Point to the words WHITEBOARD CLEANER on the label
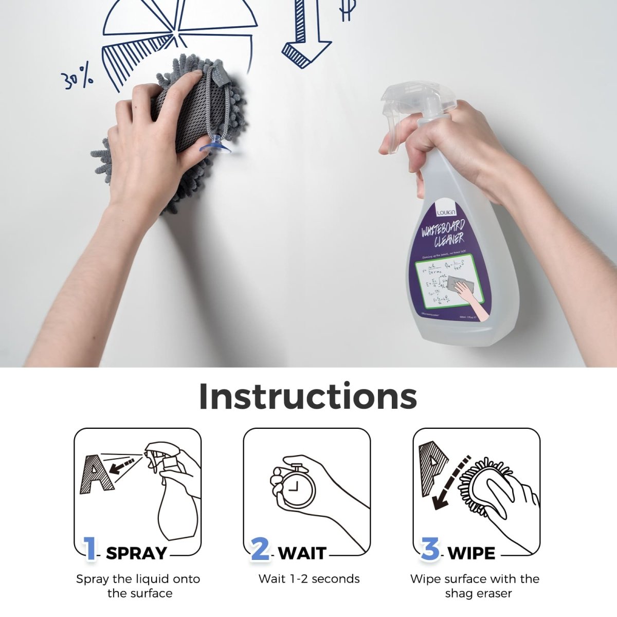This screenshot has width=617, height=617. [x=443, y=233]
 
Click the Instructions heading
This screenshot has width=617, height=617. [x=307, y=396]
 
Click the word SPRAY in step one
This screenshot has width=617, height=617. [x=136, y=553]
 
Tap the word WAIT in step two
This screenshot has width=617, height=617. [x=302, y=553]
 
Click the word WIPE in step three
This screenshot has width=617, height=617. [x=471, y=553]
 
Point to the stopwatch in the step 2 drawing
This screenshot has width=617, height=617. [x=293, y=486]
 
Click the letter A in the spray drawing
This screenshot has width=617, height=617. [x=95, y=474]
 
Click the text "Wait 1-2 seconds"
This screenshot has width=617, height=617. [x=309, y=579]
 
